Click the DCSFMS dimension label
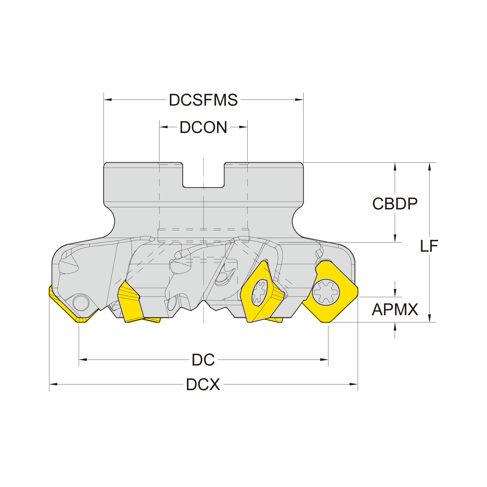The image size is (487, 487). click(x=203, y=100)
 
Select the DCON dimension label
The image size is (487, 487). click(x=203, y=127)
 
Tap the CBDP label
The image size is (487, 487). click(x=395, y=204)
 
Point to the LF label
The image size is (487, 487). click(x=429, y=246)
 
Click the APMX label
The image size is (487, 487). click(x=395, y=310)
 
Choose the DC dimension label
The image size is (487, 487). click(x=203, y=360)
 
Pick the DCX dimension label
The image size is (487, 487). click(x=203, y=384)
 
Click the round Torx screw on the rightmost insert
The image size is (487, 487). click(x=326, y=292)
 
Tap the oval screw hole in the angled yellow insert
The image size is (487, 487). click(x=259, y=292)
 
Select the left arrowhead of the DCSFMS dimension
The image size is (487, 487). click(x=108, y=100)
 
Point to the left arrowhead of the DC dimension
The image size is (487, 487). click(x=83, y=360)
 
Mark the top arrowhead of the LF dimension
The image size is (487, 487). click(x=429, y=167)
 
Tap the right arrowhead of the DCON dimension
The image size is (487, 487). click(x=243, y=127)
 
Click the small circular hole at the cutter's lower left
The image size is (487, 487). click(x=81, y=303)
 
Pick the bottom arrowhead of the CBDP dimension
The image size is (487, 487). click(x=395, y=238)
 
